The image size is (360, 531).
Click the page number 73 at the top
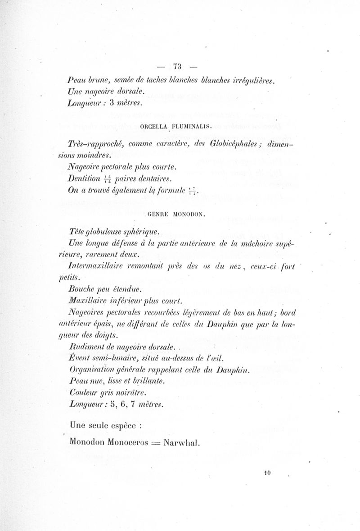click(x=176, y=66)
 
